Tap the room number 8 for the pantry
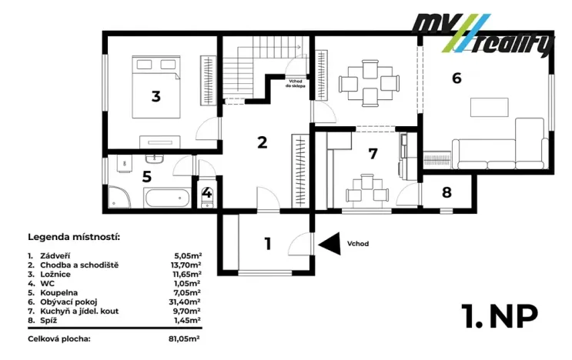pos(447,192)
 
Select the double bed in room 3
pos(156,87)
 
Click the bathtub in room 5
pos(167,198)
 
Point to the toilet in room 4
pos(207,197)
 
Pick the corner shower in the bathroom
pos(119,197)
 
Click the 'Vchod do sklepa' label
pos(296,84)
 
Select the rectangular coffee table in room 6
pos(489,107)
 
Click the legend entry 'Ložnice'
pos(55,275)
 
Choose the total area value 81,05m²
pos(184,339)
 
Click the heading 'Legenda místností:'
pos(74,237)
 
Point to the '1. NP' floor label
pos(500,316)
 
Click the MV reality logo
pos(483,34)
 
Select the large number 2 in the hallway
pos(262,142)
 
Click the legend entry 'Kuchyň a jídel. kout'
pos(79,312)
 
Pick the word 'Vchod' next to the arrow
pos(357,244)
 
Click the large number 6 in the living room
pos(457,78)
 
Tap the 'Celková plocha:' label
pos(59,339)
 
